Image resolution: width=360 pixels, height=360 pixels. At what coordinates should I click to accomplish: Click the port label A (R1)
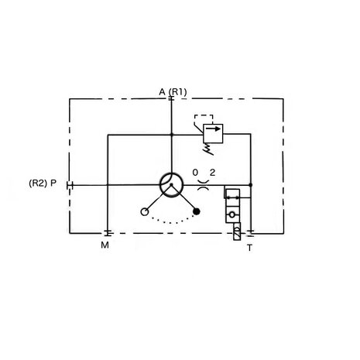pyautogui.click(x=173, y=92)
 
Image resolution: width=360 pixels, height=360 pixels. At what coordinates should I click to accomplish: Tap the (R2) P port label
pyautogui.click(x=43, y=183)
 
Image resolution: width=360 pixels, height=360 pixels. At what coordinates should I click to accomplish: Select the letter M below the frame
pyautogui.click(x=105, y=245)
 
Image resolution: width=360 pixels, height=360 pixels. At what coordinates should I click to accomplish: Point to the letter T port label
pyautogui.click(x=249, y=248)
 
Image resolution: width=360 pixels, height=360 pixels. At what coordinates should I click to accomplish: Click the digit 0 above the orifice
pyautogui.click(x=195, y=173)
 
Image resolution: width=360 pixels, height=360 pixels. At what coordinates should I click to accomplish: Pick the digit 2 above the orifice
pyautogui.click(x=212, y=173)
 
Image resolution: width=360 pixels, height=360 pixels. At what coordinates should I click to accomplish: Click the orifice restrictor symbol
pyautogui.click(x=204, y=185)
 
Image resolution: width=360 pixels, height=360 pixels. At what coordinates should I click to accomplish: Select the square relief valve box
pyautogui.click(x=213, y=133)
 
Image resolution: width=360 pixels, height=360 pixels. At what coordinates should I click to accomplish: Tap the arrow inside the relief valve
pyautogui.click(x=213, y=129)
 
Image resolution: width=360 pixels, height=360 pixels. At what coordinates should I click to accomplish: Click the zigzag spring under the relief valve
pyautogui.click(x=209, y=149)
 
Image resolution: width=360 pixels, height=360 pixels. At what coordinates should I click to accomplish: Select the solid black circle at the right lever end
pyautogui.click(x=197, y=211)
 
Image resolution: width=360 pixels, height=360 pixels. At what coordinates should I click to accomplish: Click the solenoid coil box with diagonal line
pyautogui.click(x=237, y=231)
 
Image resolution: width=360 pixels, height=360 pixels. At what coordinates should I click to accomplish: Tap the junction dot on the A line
pyautogui.click(x=171, y=135)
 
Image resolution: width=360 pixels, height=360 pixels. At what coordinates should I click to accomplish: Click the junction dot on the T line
pyautogui.click(x=250, y=185)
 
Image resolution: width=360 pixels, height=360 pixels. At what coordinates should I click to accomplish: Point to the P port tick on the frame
pyautogui.click(x=70, y=185)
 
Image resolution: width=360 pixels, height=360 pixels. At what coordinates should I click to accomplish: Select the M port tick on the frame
pyautogui.click(x=108, y=233)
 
